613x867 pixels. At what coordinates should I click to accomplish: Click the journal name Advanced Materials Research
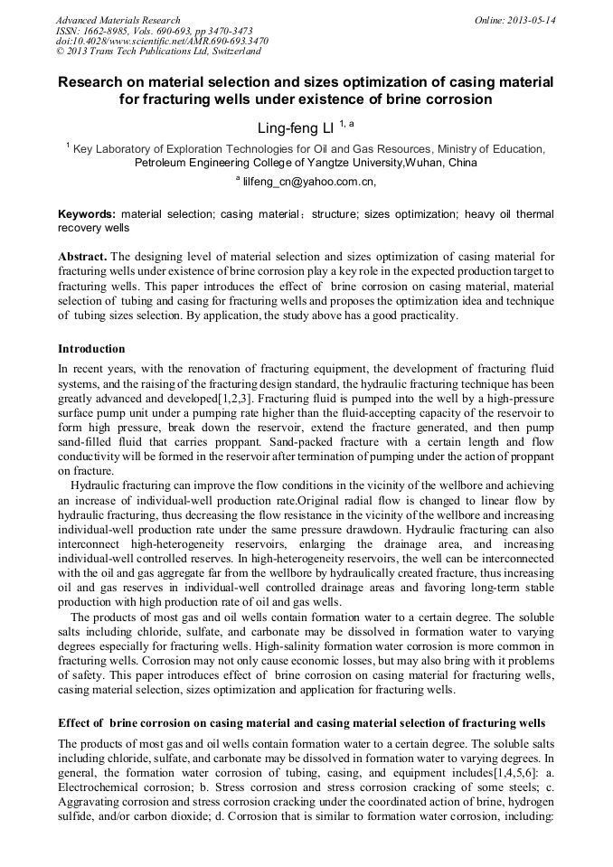pos(118,20)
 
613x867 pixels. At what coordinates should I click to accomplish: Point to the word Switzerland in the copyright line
pos(227,51)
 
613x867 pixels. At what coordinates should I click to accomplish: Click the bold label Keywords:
pos(87,215)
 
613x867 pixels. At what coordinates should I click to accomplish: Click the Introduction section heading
pos(91,349)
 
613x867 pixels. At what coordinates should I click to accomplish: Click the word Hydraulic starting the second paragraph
pos(98,487)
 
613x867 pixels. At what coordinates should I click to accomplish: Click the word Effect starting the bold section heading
pos(77,725)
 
